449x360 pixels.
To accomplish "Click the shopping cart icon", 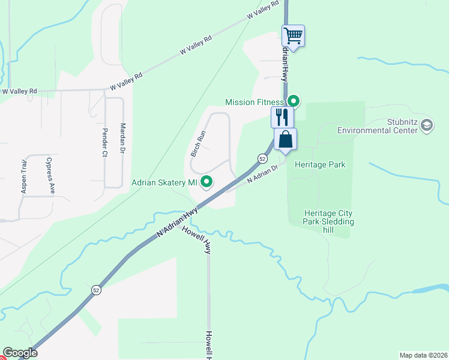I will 293,35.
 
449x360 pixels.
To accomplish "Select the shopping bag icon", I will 286,139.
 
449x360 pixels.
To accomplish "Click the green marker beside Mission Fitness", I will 294,101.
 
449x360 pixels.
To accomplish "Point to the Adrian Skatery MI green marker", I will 207,181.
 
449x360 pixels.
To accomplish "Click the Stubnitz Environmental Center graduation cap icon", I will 427,125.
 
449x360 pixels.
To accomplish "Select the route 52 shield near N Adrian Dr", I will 262,158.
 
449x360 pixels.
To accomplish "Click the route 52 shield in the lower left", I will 96,290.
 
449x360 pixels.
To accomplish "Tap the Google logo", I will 20,353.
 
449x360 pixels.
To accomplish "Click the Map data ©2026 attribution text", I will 423,355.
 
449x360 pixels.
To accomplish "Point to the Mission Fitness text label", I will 254,102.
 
